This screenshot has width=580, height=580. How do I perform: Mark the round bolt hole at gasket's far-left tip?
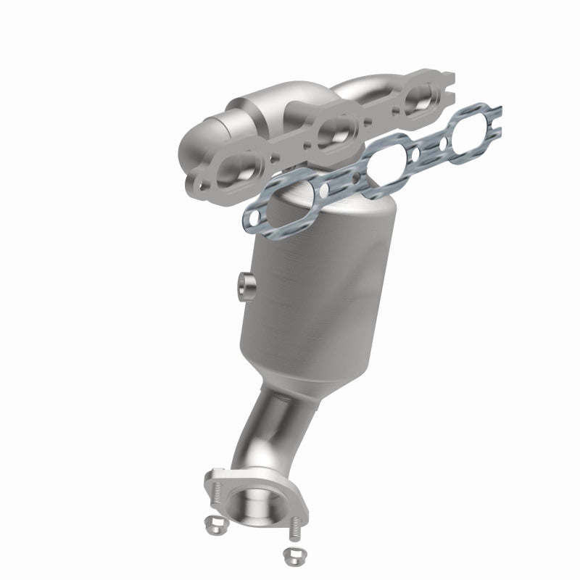click(x=252, y=215)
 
